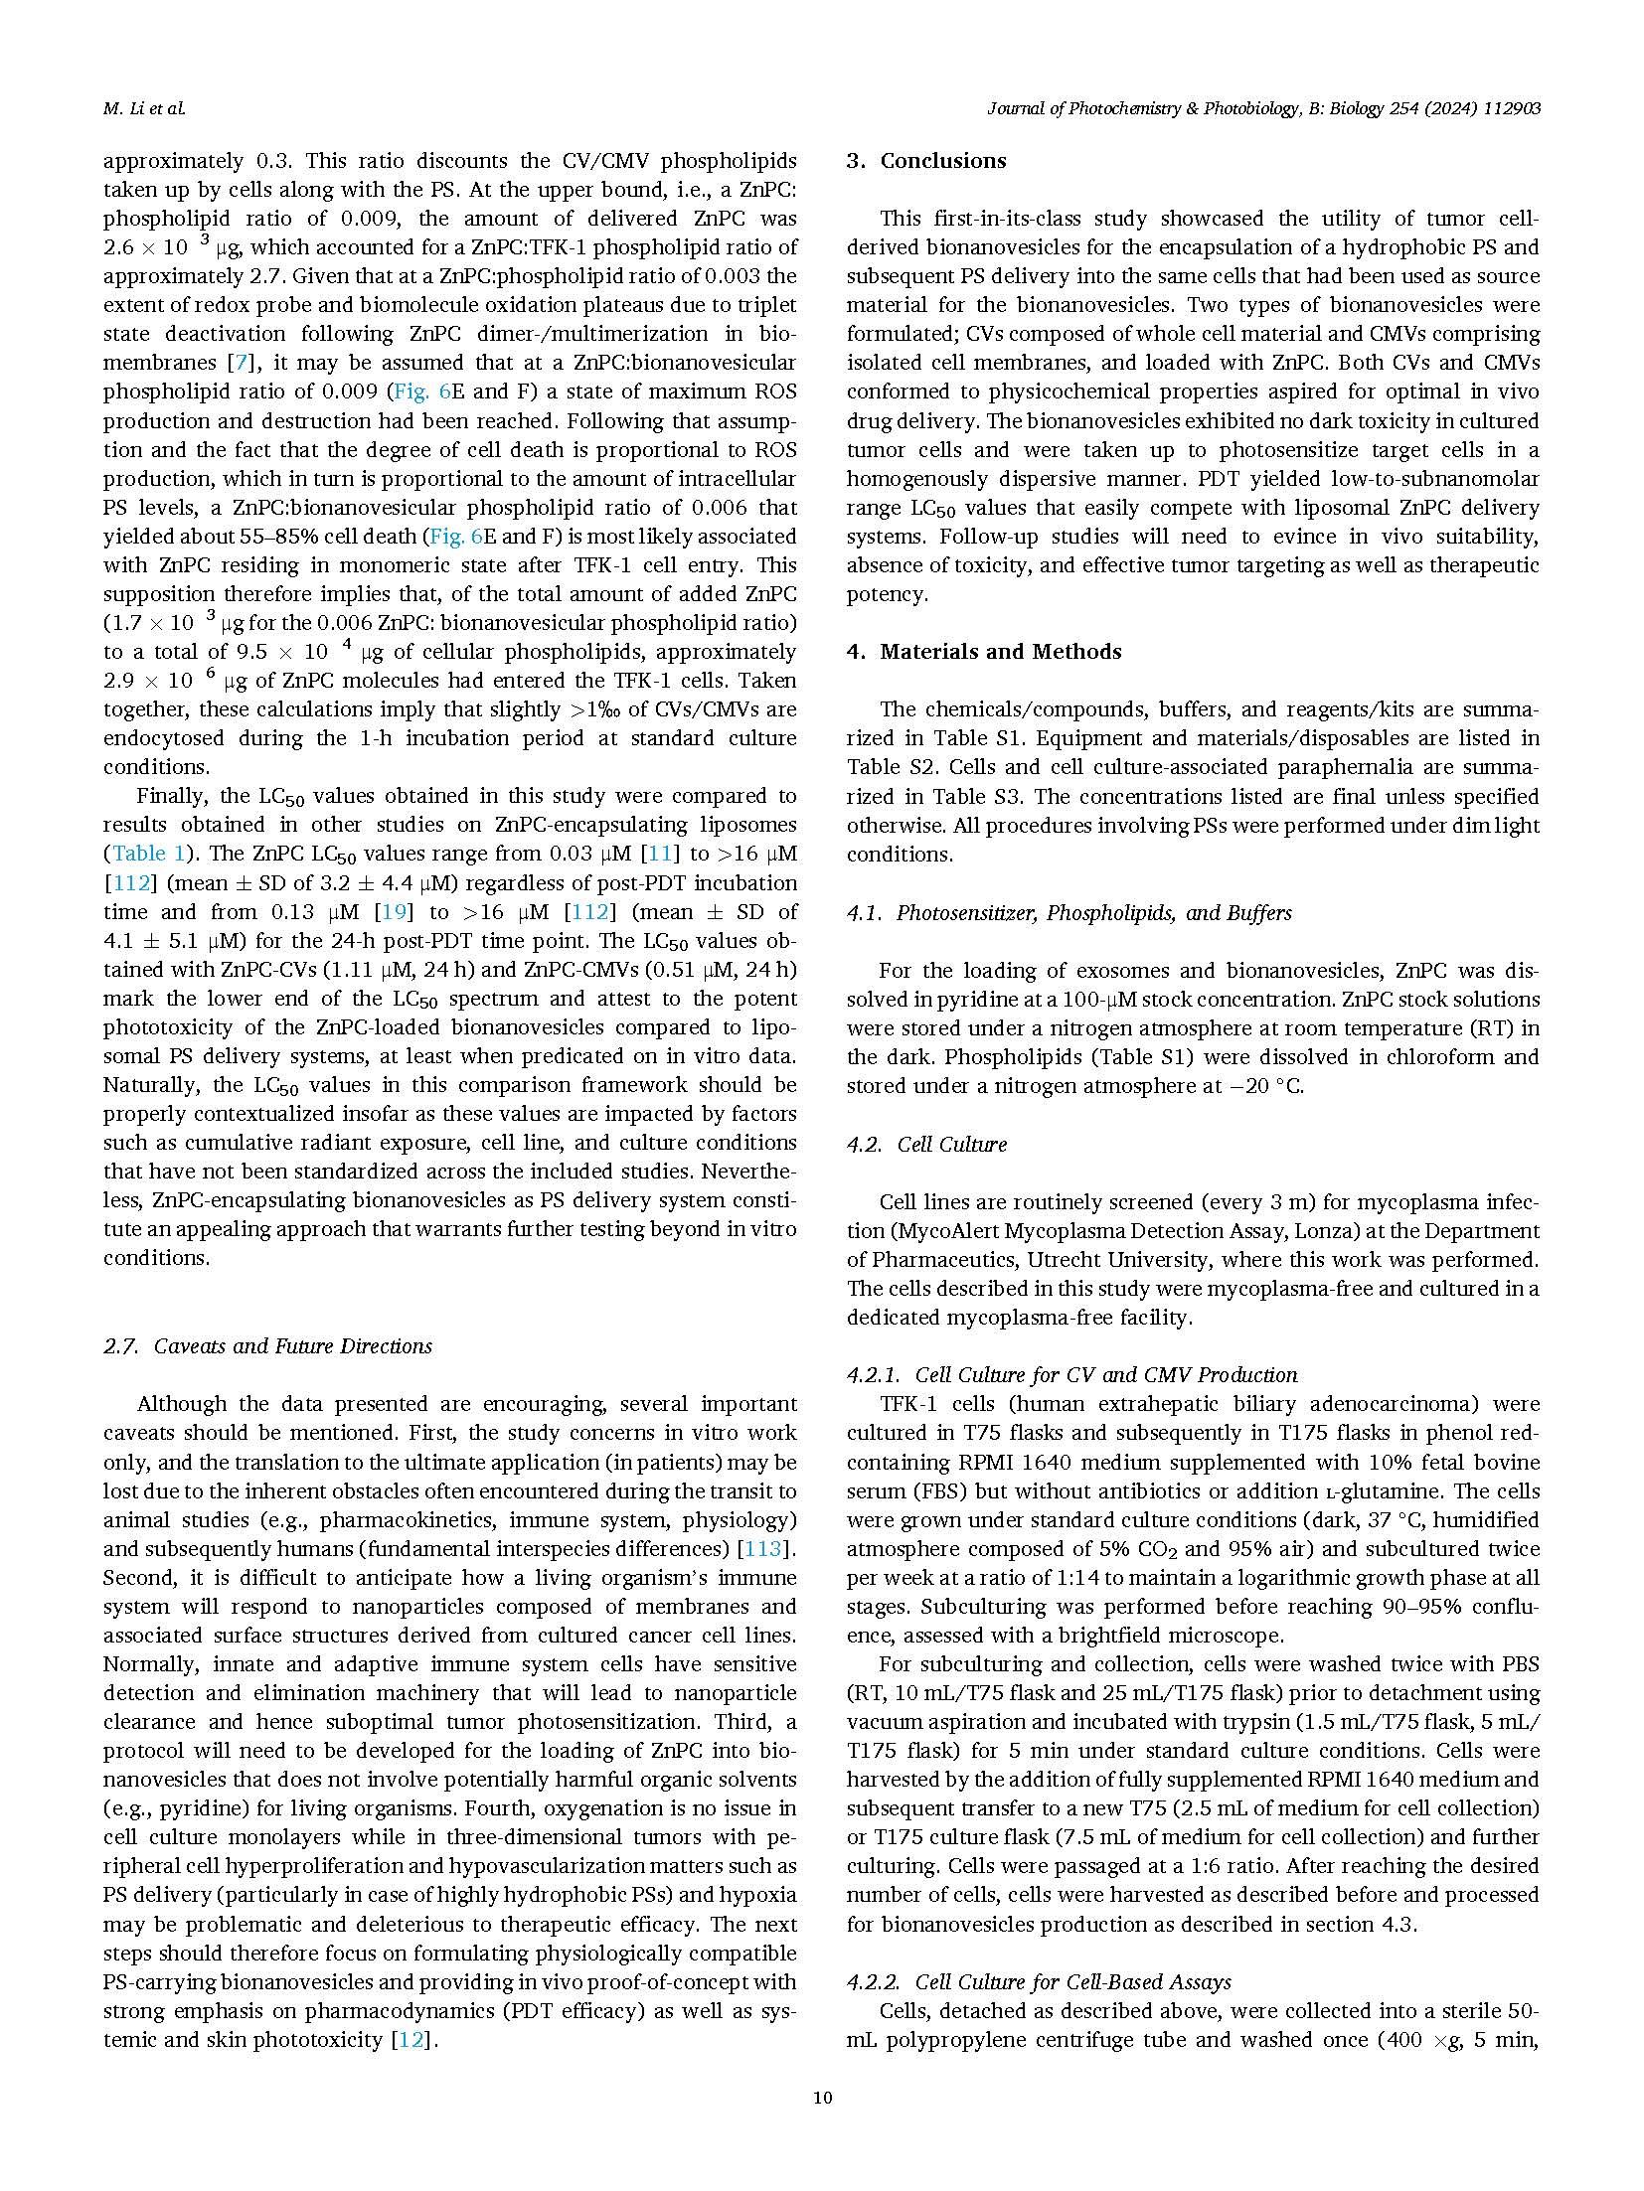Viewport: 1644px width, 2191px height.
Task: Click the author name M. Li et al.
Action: pos(144,109)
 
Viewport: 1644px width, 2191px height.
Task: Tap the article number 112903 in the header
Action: pos(1505,109)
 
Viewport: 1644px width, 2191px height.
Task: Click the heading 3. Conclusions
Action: pos(926,161)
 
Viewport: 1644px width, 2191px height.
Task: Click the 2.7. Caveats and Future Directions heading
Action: pos(268,1346)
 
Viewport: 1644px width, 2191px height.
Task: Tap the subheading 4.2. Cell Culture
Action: pos(926,1144)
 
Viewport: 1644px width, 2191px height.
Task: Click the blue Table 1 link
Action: pos(148,854)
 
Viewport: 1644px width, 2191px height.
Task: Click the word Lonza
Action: pos(1269,1231)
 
